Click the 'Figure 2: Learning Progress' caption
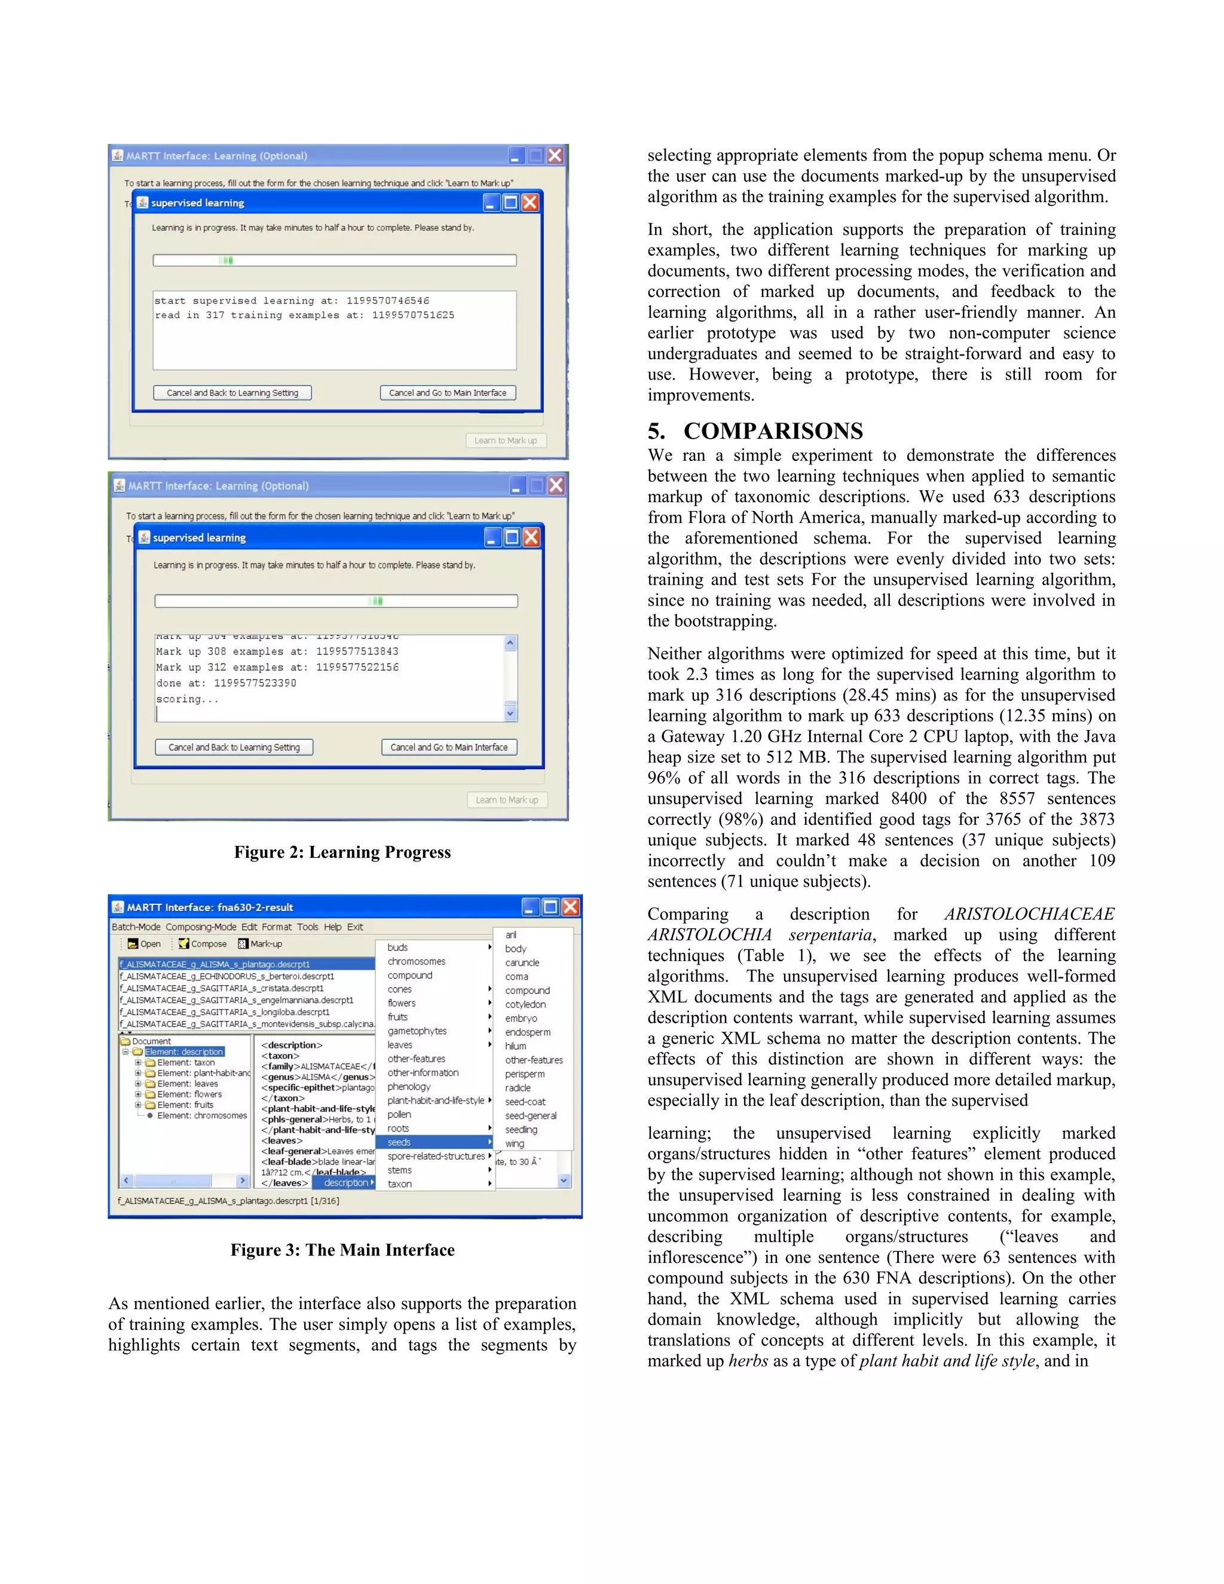point(342,852)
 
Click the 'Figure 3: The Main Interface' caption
point(342,1250)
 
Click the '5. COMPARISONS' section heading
point(755,431)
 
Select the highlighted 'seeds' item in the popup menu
point(399,1142)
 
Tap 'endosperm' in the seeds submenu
point(527,1032)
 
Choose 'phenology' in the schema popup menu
point(408,1087)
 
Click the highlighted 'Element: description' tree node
point(183,1051)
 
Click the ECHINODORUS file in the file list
point(227,976)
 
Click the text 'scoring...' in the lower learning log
point(187,699)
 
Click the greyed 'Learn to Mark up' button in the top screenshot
point(506,441)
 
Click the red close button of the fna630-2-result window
point(571,907)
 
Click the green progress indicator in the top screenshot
point(227,261)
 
